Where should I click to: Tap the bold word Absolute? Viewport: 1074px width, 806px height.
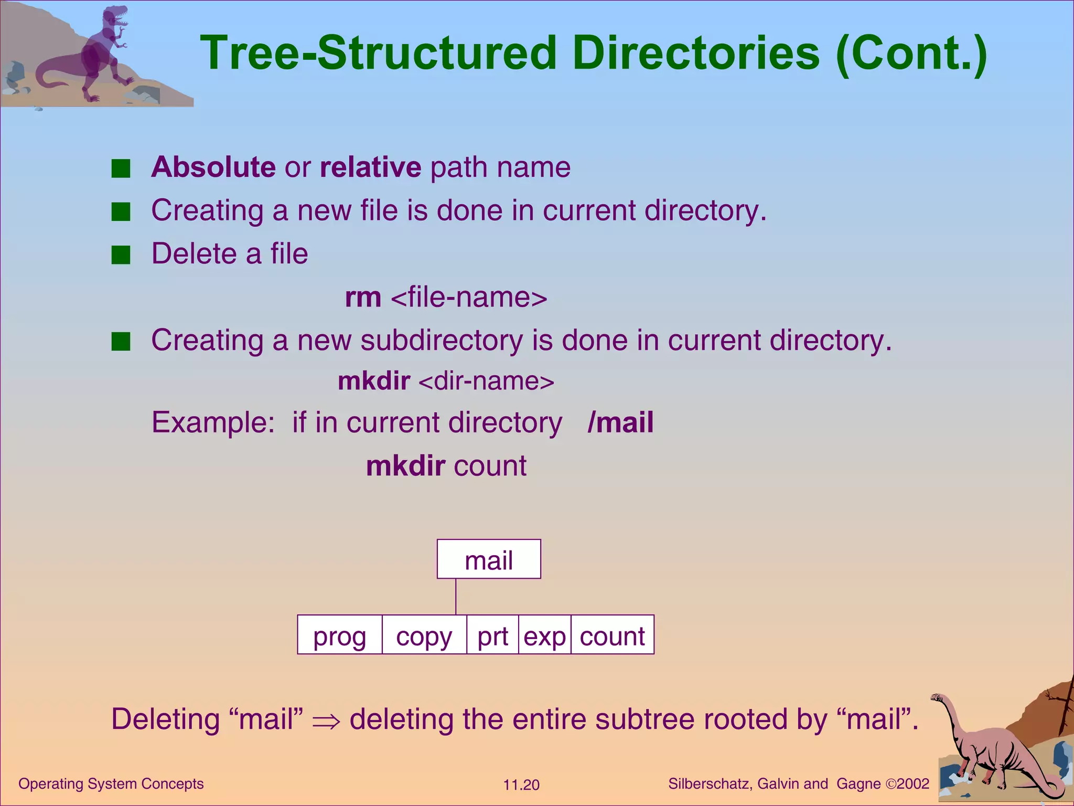(213, 167)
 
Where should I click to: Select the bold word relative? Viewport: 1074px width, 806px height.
(370, 167)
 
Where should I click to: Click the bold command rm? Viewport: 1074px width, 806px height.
(363, 298)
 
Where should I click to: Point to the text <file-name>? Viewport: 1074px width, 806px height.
(469, 298)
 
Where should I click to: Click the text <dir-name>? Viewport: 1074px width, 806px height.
(486, 381)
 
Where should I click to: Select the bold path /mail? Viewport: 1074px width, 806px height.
(621, 422)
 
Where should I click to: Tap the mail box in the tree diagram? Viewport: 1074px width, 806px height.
(489, 559)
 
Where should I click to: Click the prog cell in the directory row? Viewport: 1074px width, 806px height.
(340, 635)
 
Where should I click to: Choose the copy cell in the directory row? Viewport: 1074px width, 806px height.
(424, 635)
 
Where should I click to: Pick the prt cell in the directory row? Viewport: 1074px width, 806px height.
(492, 635)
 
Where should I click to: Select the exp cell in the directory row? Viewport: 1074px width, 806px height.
(544, 635)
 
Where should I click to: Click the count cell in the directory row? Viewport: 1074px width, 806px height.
(612, 635)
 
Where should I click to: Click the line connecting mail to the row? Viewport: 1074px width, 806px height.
(456, 597)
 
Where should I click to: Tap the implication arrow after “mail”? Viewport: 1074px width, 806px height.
(326, 721)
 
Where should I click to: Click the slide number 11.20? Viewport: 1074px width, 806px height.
(521, 785)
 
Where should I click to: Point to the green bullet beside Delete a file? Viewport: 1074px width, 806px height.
(121, 256)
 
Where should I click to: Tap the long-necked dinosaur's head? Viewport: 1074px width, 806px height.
(937, 698)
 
